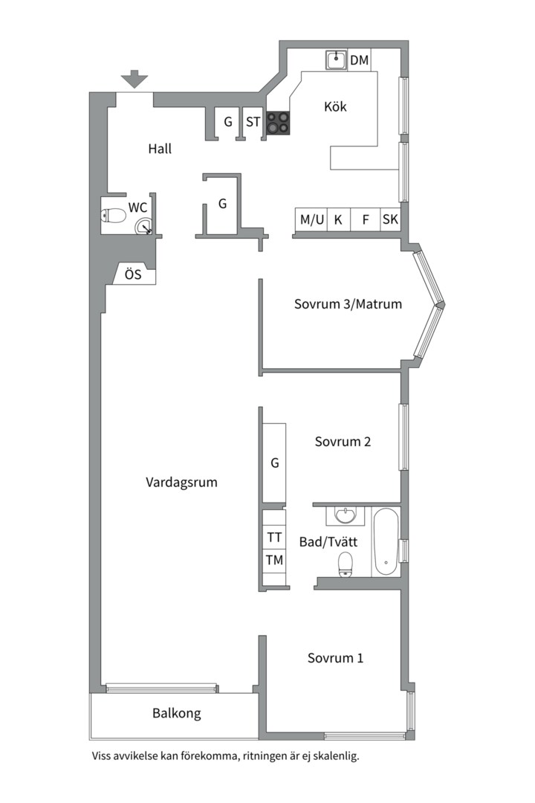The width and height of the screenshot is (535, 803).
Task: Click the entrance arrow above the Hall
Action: coord(134,79)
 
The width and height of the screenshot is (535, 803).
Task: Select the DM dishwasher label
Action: coord(360,60)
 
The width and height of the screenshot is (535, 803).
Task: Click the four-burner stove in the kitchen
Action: coord(278,123)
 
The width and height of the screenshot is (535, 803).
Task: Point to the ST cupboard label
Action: coord(253,122)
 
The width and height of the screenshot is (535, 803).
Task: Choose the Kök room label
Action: coord(335,106)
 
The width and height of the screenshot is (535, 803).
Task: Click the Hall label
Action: coord(160,149)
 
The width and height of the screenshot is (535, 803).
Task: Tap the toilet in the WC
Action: coord(113,216)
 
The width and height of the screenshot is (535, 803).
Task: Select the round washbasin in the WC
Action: coord(143,226)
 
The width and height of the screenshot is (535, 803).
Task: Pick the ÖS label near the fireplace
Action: coord(133,274)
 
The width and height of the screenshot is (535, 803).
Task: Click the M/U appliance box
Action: coord(312,219)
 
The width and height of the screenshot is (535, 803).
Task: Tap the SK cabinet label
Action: coord(390,219)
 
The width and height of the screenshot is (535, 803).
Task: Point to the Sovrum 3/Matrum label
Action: coord(348,304)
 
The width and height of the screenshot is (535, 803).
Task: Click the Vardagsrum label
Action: coord(181,483)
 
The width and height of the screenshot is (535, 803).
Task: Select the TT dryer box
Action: coord(274,538)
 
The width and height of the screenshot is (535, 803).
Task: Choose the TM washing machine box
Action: coord(274,561)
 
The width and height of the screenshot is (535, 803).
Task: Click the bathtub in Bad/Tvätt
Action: coord(386,542)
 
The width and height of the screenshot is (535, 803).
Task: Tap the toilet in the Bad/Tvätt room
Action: coord(346,564)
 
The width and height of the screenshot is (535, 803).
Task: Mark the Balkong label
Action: coord(177,713)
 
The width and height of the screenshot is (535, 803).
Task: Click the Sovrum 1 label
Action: coord(335,658)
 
